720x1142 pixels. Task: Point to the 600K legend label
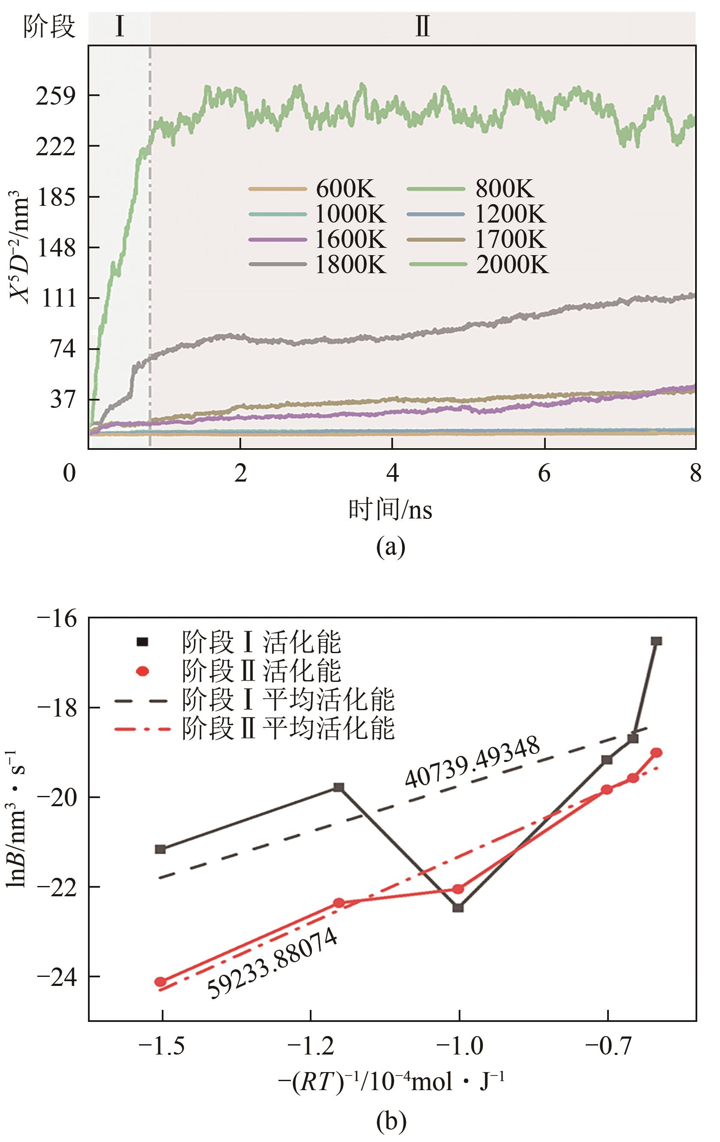[345, 189]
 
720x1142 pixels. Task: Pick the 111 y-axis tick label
[59, 299]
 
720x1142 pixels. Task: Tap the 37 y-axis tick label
[63, 400]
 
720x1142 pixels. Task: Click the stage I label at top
[120, 27]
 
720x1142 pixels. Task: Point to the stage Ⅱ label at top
[422, 27]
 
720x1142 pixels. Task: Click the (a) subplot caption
[390, 547]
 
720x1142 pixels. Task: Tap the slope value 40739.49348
[473, 763]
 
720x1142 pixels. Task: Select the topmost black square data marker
[656, 641]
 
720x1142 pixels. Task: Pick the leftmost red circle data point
[160, 981]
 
